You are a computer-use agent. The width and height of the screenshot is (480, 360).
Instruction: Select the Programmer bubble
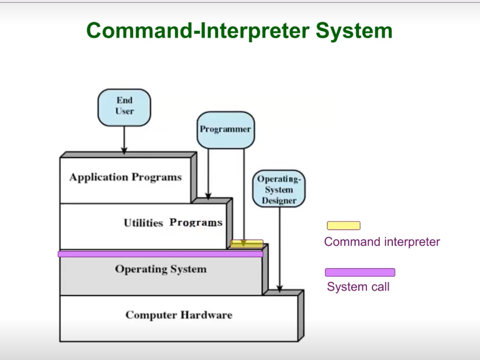coord(225,129)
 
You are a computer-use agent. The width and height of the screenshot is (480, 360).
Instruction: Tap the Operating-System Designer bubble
coord(279,189)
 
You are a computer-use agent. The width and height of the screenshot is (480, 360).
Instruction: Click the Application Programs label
coord(125,177)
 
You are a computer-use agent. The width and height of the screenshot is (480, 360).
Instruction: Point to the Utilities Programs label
coord(173,223)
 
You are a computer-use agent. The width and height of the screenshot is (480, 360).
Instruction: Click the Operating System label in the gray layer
coord(161,269)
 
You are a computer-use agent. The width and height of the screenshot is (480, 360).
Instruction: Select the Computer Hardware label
coord(178,315)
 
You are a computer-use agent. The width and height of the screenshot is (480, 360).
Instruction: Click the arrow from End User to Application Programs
coord(124,140)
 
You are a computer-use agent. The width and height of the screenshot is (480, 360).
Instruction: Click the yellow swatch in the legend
coord(344,226)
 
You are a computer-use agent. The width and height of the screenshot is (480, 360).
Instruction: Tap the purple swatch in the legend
coord(360,272)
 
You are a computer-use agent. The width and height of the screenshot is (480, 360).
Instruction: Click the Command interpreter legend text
coord(382,242)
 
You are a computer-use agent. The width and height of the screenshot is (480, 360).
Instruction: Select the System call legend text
coord(358,286)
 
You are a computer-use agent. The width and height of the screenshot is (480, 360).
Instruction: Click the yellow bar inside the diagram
coord(246,244)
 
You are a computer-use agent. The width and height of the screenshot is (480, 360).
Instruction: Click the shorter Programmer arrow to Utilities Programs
coord(208,173)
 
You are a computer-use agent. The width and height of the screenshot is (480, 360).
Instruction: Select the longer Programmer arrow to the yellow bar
coord(244,194)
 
